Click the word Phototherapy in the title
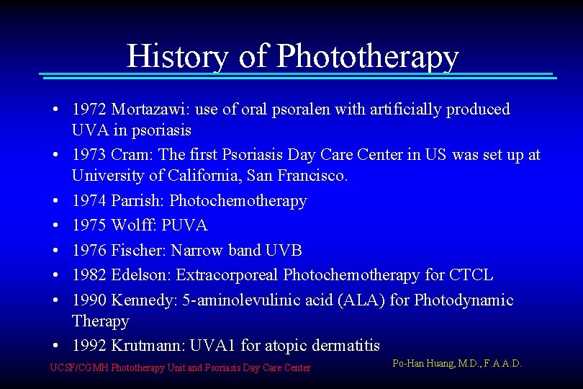(367, 56)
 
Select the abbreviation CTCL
(471, 274)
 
